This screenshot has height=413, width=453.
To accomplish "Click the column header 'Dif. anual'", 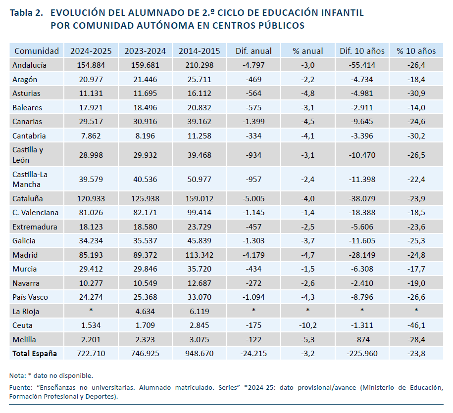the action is pyautogui.click(x=253, y=51).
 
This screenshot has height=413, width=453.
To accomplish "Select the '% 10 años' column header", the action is pyautogui.click(x=416, y=51).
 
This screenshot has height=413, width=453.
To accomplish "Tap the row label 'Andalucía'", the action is pyautogui.click(x=29, y=65).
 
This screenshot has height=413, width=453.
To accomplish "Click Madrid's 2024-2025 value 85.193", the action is pyautogui.click(x=91, y=255).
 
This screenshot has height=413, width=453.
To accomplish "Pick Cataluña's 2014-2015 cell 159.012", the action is pyautogui.click(x=200, y=199).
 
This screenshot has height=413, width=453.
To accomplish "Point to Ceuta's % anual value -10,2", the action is pyautogui.click(x=307, y=325).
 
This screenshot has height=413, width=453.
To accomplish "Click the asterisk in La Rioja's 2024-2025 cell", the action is pyautogui.click(x=91, y=310).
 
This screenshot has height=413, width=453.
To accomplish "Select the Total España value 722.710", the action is pyautogui.click(x=91, y=354).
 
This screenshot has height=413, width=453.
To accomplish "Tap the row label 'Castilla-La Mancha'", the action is pyautogui.click(x=30, y=179).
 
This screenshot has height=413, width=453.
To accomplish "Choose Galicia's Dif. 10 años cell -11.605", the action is pyautogui.click(x=362, y=241).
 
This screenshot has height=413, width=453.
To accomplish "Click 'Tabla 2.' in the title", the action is pyautogui.click(x=26, y=13).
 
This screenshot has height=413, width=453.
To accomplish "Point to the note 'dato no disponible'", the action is pyautogui.click(x=63, y=375).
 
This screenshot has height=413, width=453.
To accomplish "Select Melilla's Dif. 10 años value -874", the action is pyautogui.click(x=362, y=340).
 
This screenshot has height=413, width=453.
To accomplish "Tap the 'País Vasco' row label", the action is pyautogui.click(x=30, y=297).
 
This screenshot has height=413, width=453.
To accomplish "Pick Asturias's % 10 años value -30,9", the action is pyautogui.click(x=416, y=93).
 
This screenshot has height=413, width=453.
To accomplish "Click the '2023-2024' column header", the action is pyautogui.click(x=145, y=51).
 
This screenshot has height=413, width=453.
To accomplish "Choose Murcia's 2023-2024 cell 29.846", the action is pyautogui.click(x=145, y=269).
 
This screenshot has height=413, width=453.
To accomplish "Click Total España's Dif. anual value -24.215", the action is pyautogui.click(x=253, y=354).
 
